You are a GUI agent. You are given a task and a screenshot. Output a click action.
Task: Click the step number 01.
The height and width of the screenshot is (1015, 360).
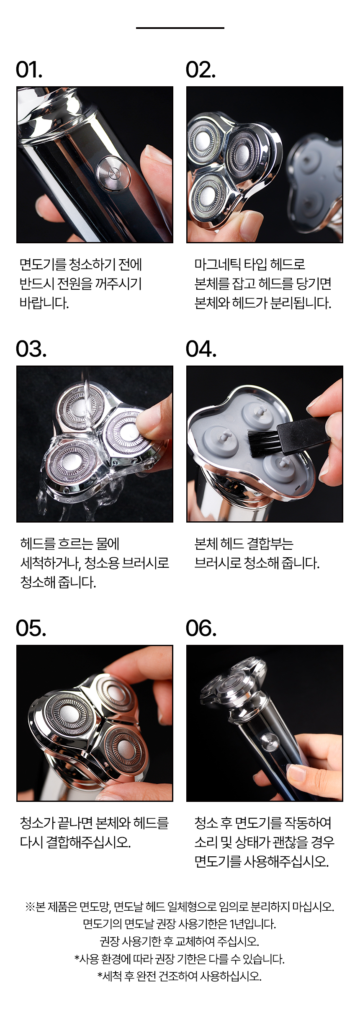tap(29, 70)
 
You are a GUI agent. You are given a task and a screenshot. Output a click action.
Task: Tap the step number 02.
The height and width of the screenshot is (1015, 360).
tap(201, 70)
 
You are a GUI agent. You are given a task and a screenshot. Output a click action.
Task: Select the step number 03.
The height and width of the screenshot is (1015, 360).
tap(31, 349)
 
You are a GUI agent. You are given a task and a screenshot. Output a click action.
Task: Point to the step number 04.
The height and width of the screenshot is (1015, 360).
tap(201, 349)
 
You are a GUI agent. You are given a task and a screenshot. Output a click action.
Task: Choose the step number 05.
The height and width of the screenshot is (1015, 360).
tap(31, 629)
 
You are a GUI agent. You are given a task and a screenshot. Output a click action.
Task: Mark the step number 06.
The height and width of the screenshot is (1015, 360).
tap(201, 629)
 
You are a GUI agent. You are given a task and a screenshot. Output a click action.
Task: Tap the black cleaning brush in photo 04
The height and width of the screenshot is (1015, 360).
tap(289, 438)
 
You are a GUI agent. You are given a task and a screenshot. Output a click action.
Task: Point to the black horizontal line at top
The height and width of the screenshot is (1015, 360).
tap(180, 28)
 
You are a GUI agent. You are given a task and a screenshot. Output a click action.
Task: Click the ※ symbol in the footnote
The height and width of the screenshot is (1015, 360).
tap(30, 907)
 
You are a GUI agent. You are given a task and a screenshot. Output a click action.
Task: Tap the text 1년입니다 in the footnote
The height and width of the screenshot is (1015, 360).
tap(253, 924)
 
